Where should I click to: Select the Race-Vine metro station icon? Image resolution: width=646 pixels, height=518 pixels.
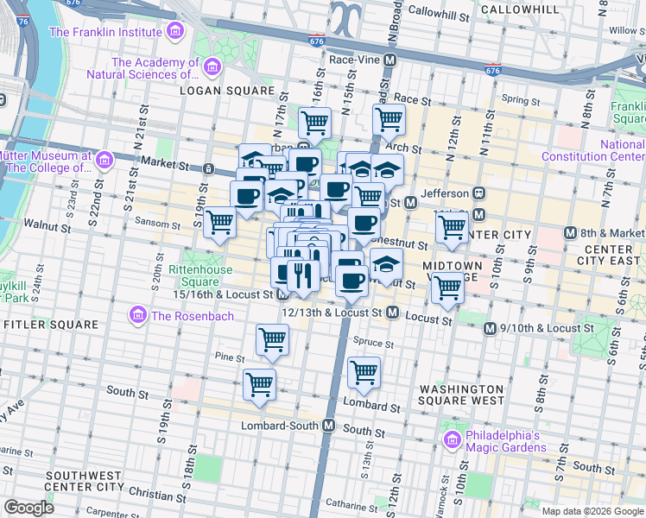pyautogui.click(x=389, y=60)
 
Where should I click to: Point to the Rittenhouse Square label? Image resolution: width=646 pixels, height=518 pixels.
pyautogui.click(x=199, y=275)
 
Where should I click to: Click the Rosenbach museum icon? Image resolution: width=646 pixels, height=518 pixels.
pyautogui.click(x=137, y=315)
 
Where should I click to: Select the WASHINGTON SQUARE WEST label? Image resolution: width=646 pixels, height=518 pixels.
pyautogui.click(x=460, y=395)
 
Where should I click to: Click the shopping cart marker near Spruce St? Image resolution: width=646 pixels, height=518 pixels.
pyautogui.click(x=364, y=371)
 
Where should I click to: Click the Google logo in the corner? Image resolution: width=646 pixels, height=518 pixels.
pyautogui.click(x=28, y=508)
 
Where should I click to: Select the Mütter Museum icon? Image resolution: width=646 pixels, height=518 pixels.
pyautogui.click(x=104, y=161)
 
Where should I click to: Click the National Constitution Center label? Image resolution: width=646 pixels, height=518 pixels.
pyautogui.click(x=592, y=150)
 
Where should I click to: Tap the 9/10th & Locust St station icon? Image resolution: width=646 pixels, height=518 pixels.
pyautogui.click(x=491, y=328)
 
